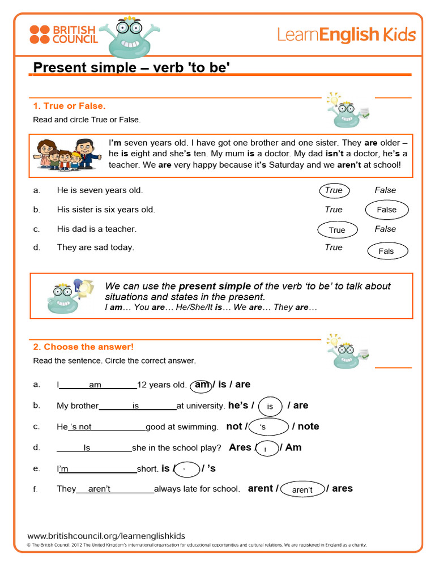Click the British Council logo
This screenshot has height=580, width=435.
[63, 34]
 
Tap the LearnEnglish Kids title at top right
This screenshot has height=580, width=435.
[346, 35]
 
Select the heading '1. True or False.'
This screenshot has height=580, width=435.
[69, 106]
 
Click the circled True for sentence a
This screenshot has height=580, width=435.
[334, 190]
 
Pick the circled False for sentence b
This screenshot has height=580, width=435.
[387, 210]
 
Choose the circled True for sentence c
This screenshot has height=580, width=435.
[337, 230]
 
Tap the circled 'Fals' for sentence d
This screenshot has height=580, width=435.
[386, 251]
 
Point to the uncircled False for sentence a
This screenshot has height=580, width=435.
[385, 190]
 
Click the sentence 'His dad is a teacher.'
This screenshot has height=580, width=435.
[97, 229]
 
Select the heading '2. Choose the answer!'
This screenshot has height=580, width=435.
[83, 347]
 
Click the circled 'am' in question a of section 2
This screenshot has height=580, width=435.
[202, 385]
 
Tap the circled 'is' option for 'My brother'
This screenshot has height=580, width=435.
[270, 406]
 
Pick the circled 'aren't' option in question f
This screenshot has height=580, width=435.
[302, 489]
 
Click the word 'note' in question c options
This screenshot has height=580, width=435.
[308, 427]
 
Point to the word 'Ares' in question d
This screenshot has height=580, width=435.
[240, 447]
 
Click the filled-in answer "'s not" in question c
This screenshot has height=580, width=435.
[80, 427]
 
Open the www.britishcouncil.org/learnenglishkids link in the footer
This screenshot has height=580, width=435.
[106, 536]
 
